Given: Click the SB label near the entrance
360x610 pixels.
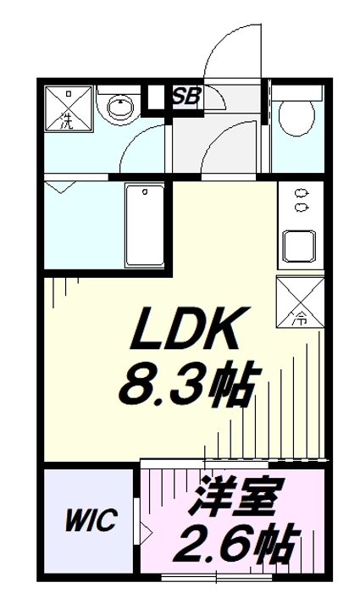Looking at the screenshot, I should pyautogui.click(x=186, y=97).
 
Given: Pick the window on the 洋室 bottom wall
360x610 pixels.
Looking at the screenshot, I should pyautogui.click(x=216, y=578).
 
